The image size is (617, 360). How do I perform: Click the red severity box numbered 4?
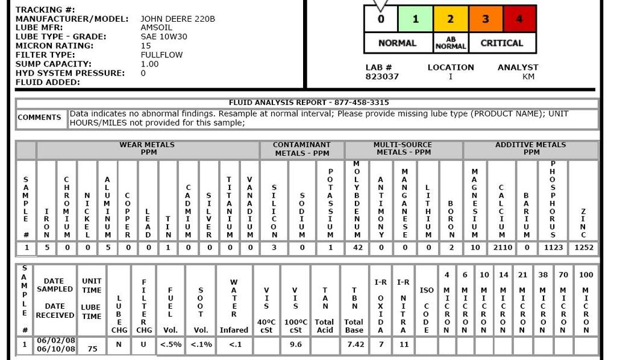coord(519,19)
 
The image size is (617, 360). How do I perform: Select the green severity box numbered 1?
coord(415,19)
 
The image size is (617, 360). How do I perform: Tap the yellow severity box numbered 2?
coord(450,19)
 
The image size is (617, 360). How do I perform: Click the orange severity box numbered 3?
coord(485,19)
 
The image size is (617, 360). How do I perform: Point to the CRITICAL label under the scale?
coord(501,43)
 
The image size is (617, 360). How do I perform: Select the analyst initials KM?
coord(528,77)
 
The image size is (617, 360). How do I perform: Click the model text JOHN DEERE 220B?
coord(178,19)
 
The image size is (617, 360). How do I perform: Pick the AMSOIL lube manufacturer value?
coord(156,28)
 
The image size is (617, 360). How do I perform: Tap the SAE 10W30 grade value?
coord(164,37)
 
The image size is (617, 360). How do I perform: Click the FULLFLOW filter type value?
coord(161,55)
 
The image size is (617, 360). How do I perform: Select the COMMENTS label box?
coord(40,118)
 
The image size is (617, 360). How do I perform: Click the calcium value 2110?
coord(502,247)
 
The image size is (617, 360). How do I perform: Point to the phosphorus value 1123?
coord(554,247)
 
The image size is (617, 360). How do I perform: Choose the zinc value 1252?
coord(584,247)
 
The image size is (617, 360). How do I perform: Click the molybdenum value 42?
coord(357,247)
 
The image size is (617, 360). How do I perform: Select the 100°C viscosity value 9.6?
coord(295,344)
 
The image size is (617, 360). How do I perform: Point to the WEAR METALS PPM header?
coord(147,148)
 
